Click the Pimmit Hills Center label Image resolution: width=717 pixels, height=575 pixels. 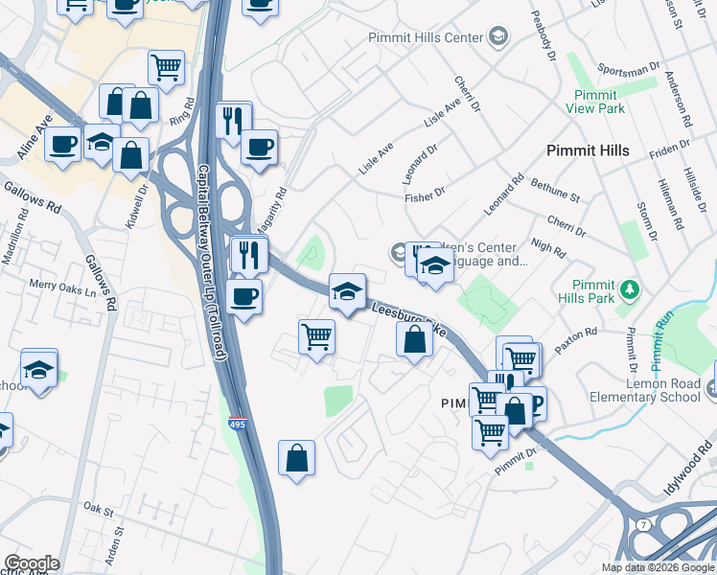coord(427,37)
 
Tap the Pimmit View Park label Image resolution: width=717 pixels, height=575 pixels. coord(600,102)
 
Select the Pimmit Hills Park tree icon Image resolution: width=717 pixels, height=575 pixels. coord(629,287)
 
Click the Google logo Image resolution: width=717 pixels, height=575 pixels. coord(32,563)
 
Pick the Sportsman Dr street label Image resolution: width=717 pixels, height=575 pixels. coord(629,70)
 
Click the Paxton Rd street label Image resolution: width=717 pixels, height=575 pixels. coord(578,337)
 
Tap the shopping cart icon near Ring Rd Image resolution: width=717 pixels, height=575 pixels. coord(166,67)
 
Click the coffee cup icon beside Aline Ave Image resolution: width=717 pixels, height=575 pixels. coord(63,145)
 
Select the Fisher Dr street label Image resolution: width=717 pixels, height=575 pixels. coord(426,193)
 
